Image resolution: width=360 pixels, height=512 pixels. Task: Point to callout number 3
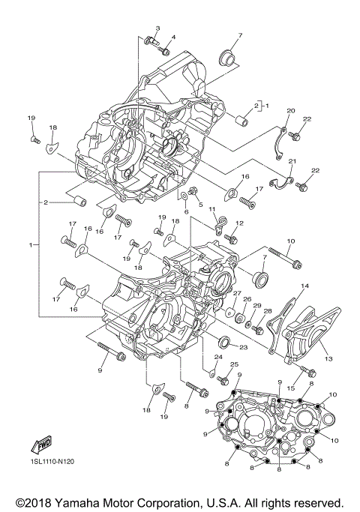(x=157, y=28)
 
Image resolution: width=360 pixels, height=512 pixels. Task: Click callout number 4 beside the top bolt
(x=174, y=37)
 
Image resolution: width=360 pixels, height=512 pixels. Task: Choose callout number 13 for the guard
(x=328, y=359)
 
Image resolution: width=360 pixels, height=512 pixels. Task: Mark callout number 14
(x=305, y=286)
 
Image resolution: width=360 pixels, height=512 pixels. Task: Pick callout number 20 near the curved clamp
(x=292, y=111)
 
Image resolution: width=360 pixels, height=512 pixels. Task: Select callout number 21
(x=292, y=162)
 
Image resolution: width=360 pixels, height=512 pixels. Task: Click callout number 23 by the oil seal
(x=243, y=346)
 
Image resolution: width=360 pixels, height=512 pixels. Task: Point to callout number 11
(x=213, y=209)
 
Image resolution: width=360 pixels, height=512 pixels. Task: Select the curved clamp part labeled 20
(x=278, y=142)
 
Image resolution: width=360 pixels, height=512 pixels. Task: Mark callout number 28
(x=268, y=310)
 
